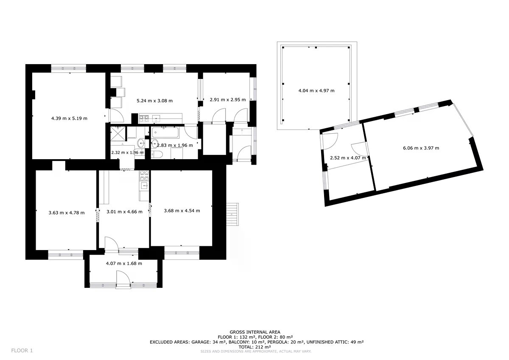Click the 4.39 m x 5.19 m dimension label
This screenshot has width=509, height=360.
pos(69,118)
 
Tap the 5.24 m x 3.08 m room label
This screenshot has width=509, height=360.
pos(154,101)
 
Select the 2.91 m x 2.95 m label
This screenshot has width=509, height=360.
pos(228,100)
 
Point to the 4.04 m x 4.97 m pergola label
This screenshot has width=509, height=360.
pos(316,90)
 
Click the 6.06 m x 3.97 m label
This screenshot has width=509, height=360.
pos(421,148)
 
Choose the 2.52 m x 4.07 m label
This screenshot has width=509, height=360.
pos(348,158)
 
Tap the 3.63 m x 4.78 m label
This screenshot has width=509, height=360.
pos(67,213)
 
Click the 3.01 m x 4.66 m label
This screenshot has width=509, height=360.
pos(125,212)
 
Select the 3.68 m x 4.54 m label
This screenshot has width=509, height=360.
pos(182,211)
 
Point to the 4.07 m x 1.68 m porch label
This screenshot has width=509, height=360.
pos(124,263)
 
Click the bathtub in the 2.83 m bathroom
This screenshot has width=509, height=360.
pos(165,132)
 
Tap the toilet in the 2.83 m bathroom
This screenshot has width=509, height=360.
pos(157,155)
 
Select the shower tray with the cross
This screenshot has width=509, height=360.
pos(118,134)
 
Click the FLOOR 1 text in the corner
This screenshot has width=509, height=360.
pos(22,351)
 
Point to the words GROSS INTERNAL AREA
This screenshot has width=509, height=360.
pos(255,332)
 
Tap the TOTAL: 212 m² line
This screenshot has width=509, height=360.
pos(255,347)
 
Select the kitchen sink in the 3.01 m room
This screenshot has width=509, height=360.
pos(144,186)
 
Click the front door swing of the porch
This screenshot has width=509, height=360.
pos(123,277)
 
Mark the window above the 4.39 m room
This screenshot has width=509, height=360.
pos(69,68)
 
